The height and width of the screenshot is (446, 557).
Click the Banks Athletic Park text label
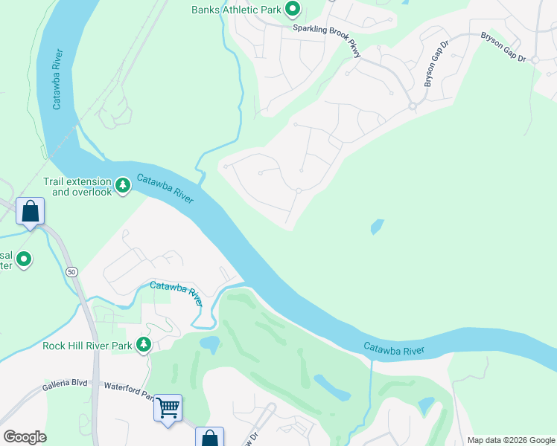point(235,10)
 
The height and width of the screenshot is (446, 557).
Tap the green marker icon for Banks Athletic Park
point(293,10)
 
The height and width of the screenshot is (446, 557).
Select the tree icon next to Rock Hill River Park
point(144,345)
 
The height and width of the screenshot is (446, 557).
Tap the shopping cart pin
point(168,407)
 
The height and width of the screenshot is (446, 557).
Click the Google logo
point(25,437)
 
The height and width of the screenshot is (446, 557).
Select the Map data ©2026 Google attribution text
point(511,440)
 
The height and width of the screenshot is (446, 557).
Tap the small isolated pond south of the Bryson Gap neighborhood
point(378,226)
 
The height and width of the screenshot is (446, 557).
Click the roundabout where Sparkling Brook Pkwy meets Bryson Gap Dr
point(412,106)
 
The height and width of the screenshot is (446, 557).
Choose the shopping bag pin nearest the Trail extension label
point(30,212)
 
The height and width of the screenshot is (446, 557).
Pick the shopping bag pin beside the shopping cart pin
point(209,439)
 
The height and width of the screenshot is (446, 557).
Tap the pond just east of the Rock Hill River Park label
point(209,344)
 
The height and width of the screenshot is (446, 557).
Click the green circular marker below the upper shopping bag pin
point(24,259)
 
